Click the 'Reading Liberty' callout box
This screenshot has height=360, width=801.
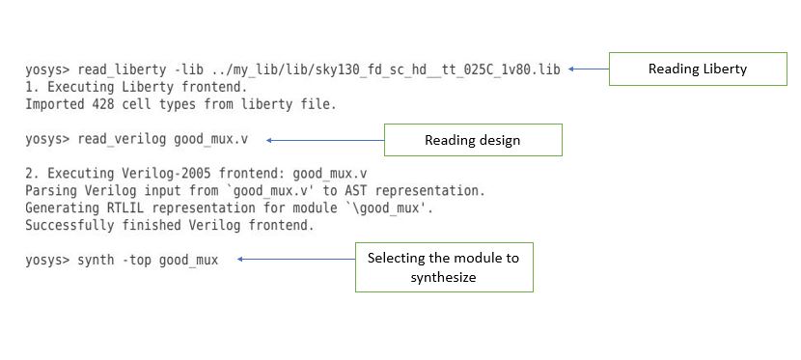[x=698, y=69]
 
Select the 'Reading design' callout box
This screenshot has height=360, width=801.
[x=472, y=140]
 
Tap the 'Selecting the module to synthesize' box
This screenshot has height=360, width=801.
[x=444, y=267]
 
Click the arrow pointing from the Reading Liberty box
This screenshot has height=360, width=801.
[x=588, y=69]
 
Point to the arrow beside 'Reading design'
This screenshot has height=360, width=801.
[x=324, y=140]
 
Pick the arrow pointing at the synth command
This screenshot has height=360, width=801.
[x=296, y=260]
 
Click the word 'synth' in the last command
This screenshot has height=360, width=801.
[x=96, y=260]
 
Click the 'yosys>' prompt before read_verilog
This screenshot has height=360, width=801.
[x=46, y=140]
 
